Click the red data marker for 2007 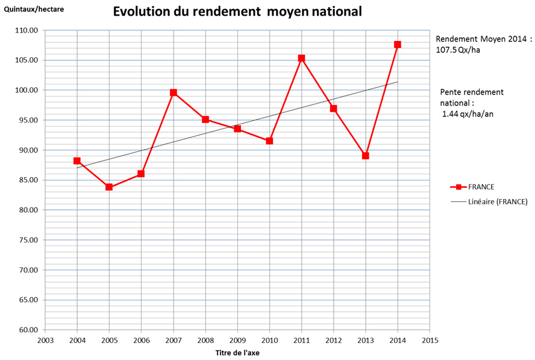point(174,93)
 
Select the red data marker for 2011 point(301,58)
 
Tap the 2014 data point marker point(398,45)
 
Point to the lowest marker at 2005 point(109,187)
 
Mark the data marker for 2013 point(366,156)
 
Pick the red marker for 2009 point(237,129)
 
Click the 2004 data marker point(77,161)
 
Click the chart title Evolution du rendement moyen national point(237,12)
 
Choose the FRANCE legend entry point(480,187)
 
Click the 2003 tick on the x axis point(45,340)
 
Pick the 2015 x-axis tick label point(430,340)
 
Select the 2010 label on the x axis point(269,340)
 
